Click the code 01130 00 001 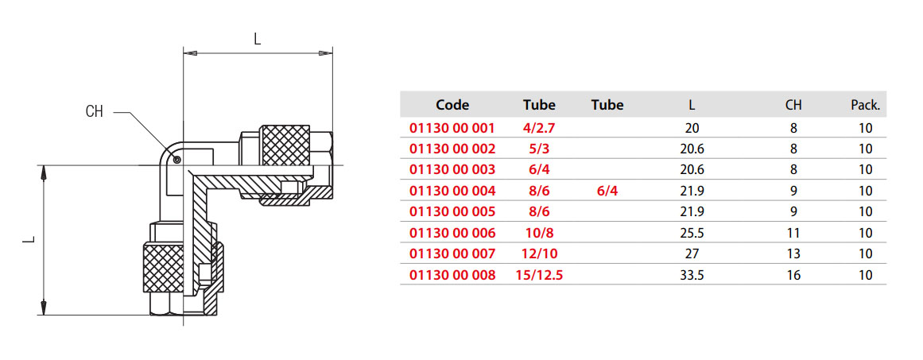pos(452,128)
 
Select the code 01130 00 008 pos(452,275)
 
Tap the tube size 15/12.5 pos(539,275)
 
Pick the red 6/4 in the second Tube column pos(607,191)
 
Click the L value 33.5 pos(692,275)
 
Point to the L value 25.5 pos(692,233)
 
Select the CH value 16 pos(793,275)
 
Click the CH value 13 pos(793,254)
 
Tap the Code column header pos(452,105)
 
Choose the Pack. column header pos(865,105)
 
